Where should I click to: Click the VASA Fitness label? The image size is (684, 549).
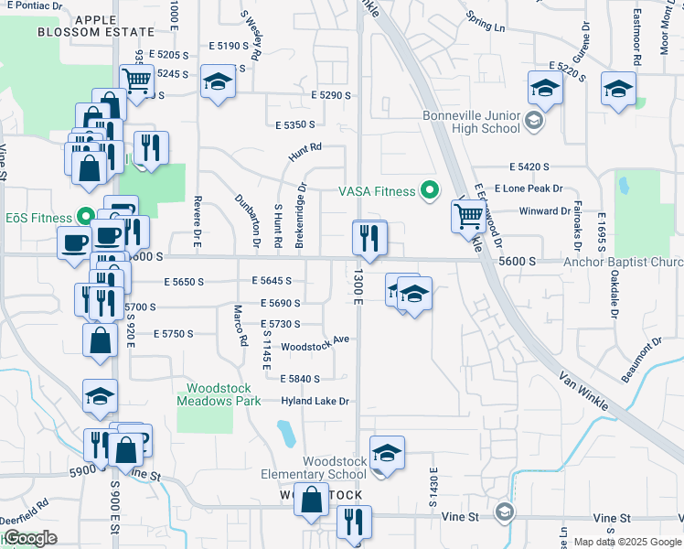click(378, 191)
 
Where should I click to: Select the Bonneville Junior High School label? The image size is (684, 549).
click(471, 122)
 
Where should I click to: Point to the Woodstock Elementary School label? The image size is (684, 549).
click(322, 468)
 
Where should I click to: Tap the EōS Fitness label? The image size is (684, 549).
click(38, 218)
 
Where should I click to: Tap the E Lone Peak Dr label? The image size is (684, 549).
click(527, 188)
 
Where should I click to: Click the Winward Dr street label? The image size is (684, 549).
click(544, 210)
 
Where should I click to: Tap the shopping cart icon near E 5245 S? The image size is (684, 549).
click(137, 80)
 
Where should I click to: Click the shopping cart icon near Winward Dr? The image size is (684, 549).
click(468, 216)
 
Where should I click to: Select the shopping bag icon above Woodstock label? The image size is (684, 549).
click(312, 500)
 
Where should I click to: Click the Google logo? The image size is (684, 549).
click(31, 538)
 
